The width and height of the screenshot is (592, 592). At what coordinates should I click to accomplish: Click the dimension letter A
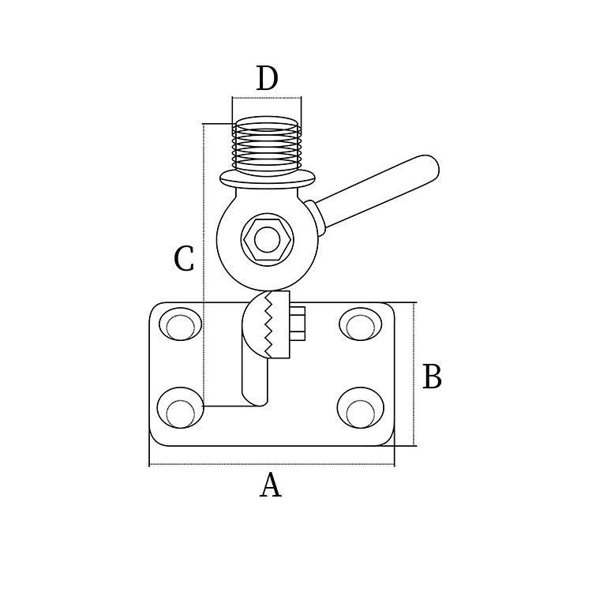[x=270, y=485]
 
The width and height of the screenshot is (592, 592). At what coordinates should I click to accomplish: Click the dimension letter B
[x=432, y=377]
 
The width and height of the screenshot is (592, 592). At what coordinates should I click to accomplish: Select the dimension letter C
[x=183, y=259]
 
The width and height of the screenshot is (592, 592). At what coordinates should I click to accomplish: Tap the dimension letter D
[x=267, y=79]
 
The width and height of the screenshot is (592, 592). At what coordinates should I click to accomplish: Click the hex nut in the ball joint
[x=268, y=239]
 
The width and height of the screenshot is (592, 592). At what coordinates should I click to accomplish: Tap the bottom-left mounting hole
[x=180, y=409]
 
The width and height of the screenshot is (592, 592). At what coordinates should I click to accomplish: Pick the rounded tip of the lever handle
[x=429, y=165]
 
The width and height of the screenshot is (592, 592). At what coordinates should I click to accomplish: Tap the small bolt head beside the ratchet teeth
[x=298, y=324]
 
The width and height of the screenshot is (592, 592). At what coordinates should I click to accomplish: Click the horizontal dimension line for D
[x=267, y=98]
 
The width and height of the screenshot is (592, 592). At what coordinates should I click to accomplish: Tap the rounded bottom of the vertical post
[x=255, y=399]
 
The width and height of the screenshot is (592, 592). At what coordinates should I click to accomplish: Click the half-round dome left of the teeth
[x=253, y=324]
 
